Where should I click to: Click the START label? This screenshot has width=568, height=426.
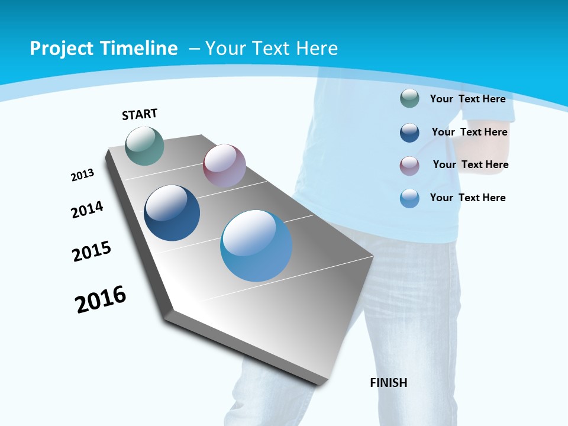[140, 114]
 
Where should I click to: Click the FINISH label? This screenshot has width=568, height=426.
[388, 383]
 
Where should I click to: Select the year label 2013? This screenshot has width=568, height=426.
[82, 175]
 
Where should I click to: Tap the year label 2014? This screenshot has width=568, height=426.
[87, 209]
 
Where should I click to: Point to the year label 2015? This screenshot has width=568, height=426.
[92, 251]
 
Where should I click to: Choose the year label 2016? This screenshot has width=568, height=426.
[101, 299]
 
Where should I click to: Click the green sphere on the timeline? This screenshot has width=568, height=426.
[144, 146]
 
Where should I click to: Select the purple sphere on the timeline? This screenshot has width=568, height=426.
[224, 166]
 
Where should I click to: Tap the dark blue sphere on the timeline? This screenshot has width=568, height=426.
[172, 213]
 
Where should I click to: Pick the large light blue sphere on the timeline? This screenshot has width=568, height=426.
[256, 246]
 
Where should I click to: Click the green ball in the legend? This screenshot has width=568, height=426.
[409, 99]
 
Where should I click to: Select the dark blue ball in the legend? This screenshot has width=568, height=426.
[409, 133]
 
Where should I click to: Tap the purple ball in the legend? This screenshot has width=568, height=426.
[409, 165]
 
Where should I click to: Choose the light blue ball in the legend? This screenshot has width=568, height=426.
[409, 198]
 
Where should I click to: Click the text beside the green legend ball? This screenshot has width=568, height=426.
[467, 99]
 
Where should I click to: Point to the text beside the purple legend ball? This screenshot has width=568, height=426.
[470, 164]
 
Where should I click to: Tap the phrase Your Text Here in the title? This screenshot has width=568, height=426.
[271, 49]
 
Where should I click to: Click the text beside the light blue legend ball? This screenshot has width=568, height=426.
[467, 198]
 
